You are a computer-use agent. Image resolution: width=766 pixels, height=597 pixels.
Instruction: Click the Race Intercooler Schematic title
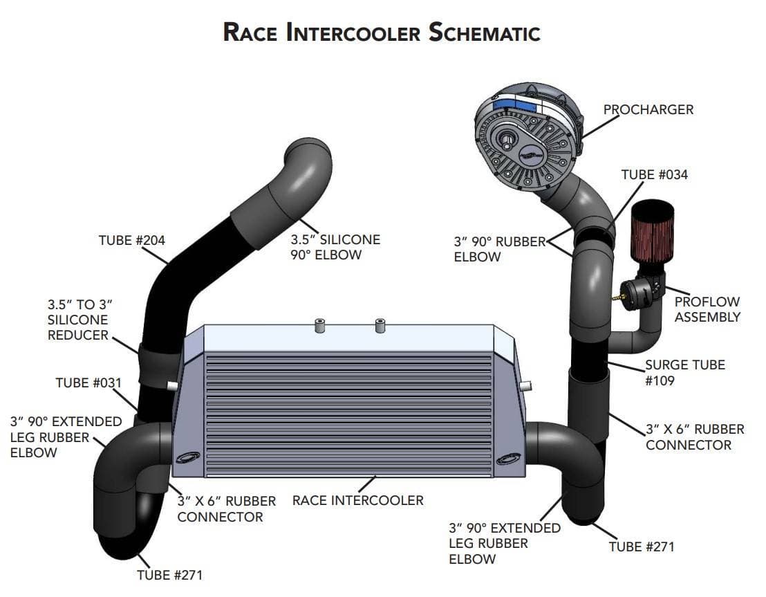click(382, 32)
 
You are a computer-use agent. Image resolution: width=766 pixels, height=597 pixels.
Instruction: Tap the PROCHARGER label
click(648, 110)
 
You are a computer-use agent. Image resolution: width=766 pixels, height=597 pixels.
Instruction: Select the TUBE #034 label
click(654, 174)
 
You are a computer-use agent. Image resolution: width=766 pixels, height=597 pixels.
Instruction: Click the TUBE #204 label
click(132, 241)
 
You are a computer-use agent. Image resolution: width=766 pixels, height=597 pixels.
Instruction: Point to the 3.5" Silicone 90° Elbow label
click(335, 247)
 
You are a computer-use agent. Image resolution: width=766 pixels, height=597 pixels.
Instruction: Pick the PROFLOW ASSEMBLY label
click(707, 309)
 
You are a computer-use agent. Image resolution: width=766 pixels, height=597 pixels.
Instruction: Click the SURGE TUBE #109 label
click(684, 372)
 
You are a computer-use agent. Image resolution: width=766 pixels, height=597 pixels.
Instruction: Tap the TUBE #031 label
click(88, 383)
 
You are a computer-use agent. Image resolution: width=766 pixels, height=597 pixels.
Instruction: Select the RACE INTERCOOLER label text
click(357, 499)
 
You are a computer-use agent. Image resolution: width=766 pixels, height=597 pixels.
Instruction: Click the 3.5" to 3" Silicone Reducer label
click(79, 320)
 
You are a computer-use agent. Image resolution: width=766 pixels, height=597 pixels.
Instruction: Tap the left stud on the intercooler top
click(320, 325)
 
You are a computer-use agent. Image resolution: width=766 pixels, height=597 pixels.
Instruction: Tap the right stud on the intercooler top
click(380, 325)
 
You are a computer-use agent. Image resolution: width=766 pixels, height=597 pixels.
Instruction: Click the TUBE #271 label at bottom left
click(169, 575)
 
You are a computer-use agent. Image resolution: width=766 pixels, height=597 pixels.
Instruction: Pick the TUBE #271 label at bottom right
click(641, 547)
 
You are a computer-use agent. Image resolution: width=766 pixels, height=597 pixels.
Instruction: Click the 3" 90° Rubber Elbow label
click(497, 249)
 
